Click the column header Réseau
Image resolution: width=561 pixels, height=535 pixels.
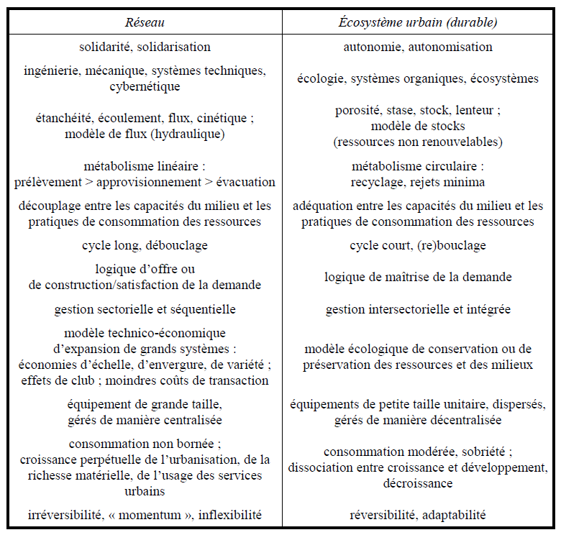tap(145, 22)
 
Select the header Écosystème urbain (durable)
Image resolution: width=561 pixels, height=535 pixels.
tap(418, 22)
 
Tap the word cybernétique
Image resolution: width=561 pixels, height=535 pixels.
tap(145, 86)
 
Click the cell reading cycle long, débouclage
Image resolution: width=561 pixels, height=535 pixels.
tap(145, 245)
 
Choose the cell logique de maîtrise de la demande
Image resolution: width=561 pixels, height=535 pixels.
tap(418, 277)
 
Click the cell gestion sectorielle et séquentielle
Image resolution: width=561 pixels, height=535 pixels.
tap(145, 309)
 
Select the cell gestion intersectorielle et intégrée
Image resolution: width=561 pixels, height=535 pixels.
tap(418, 309)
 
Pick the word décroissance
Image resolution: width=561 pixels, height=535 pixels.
tap(418, 483)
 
